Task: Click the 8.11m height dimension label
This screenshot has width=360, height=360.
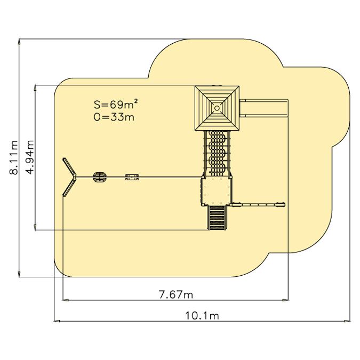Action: [x=14, y=158]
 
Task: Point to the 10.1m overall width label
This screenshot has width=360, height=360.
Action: [x=202, y=316]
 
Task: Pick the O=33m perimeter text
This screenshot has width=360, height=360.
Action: [x=114, y=117]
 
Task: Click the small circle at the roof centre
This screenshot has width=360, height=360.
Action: [x=217, y=108]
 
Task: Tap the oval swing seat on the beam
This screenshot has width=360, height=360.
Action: [x=100, y=177]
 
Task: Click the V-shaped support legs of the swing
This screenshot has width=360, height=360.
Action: [x=69, y=177]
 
